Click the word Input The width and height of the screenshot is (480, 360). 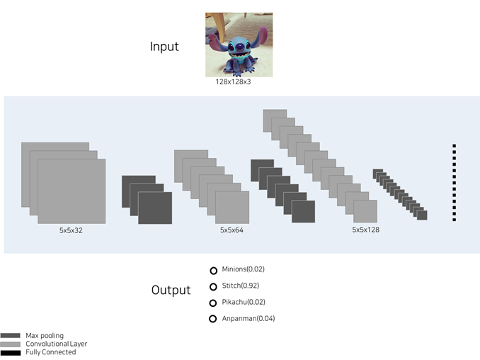(x=164, y=47)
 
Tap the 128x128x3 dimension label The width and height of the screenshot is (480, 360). (x=233, y=81)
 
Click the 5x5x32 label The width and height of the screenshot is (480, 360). (x=71, y=230)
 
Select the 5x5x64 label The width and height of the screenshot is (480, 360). (x=232, y=230)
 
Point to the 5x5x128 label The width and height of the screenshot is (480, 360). (x=365, y=230)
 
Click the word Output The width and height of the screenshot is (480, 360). (x=171, y=290)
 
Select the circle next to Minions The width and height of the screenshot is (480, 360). (x=213, y=271)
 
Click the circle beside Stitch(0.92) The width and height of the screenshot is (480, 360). (x=213, y=287)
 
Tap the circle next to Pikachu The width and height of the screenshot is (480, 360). (x=213, y=303)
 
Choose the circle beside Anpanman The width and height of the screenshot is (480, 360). (x=213, y=319)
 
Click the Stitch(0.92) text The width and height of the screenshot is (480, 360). (x=241, y=286)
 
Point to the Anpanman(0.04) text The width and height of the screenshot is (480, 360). (x=248, y=319)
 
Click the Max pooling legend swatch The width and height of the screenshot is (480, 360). (x=11, y=335)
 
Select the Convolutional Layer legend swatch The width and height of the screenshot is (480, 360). (x=11, y=344)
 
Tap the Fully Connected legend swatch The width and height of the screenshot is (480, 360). (x=11, y=353)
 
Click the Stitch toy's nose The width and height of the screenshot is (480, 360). (x=241, y=47)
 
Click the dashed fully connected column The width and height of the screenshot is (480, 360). (x=455, y=183)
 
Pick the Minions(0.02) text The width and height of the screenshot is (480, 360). (x=244, y=269)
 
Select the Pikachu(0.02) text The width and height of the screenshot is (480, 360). (x=244, y=302)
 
